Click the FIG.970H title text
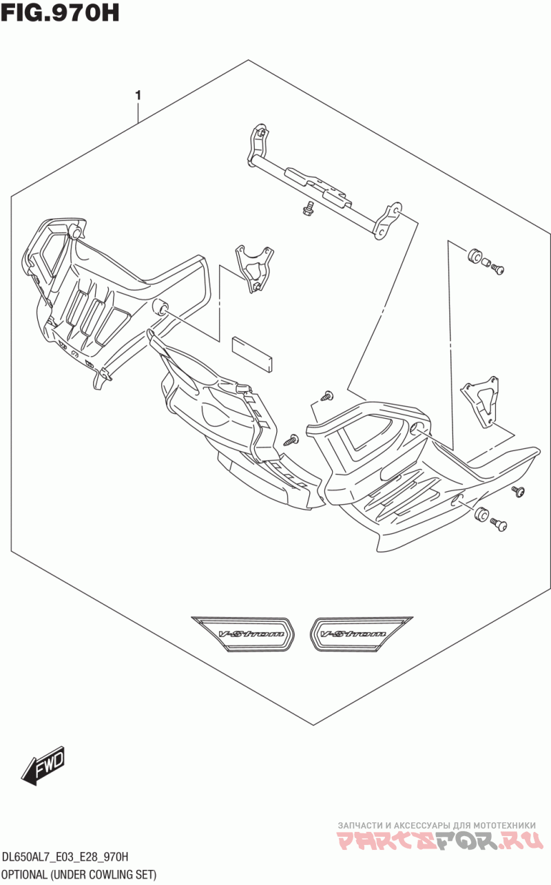60,13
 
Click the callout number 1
138,95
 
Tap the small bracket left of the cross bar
253,267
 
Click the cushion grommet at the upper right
474,256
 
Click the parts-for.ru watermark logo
440,840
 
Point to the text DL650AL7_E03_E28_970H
65,857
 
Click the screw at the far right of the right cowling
518,491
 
